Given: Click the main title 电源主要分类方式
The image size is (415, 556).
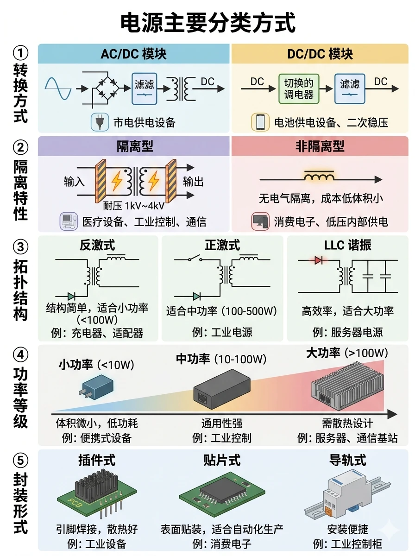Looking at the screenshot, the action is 207,23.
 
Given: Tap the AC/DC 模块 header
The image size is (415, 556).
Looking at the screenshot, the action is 133,54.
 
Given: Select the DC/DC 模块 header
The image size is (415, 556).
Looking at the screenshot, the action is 320,54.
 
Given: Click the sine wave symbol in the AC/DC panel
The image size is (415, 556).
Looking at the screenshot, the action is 58,88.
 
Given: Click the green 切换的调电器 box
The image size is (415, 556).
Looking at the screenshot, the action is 299,88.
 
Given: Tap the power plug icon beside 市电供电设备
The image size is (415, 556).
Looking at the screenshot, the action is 100,122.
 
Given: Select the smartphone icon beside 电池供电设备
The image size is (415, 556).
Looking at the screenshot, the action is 260,122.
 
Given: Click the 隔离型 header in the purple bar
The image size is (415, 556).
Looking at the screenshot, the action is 135,146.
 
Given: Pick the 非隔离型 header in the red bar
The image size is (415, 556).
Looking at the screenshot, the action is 320,146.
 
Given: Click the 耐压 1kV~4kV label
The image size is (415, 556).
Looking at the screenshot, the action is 134,206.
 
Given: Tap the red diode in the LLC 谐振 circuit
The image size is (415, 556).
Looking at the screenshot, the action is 318,260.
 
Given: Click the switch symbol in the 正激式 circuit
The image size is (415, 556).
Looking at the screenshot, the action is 195,259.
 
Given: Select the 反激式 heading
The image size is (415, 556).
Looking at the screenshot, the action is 97,245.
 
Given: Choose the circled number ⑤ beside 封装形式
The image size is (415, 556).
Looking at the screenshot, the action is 20,460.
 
